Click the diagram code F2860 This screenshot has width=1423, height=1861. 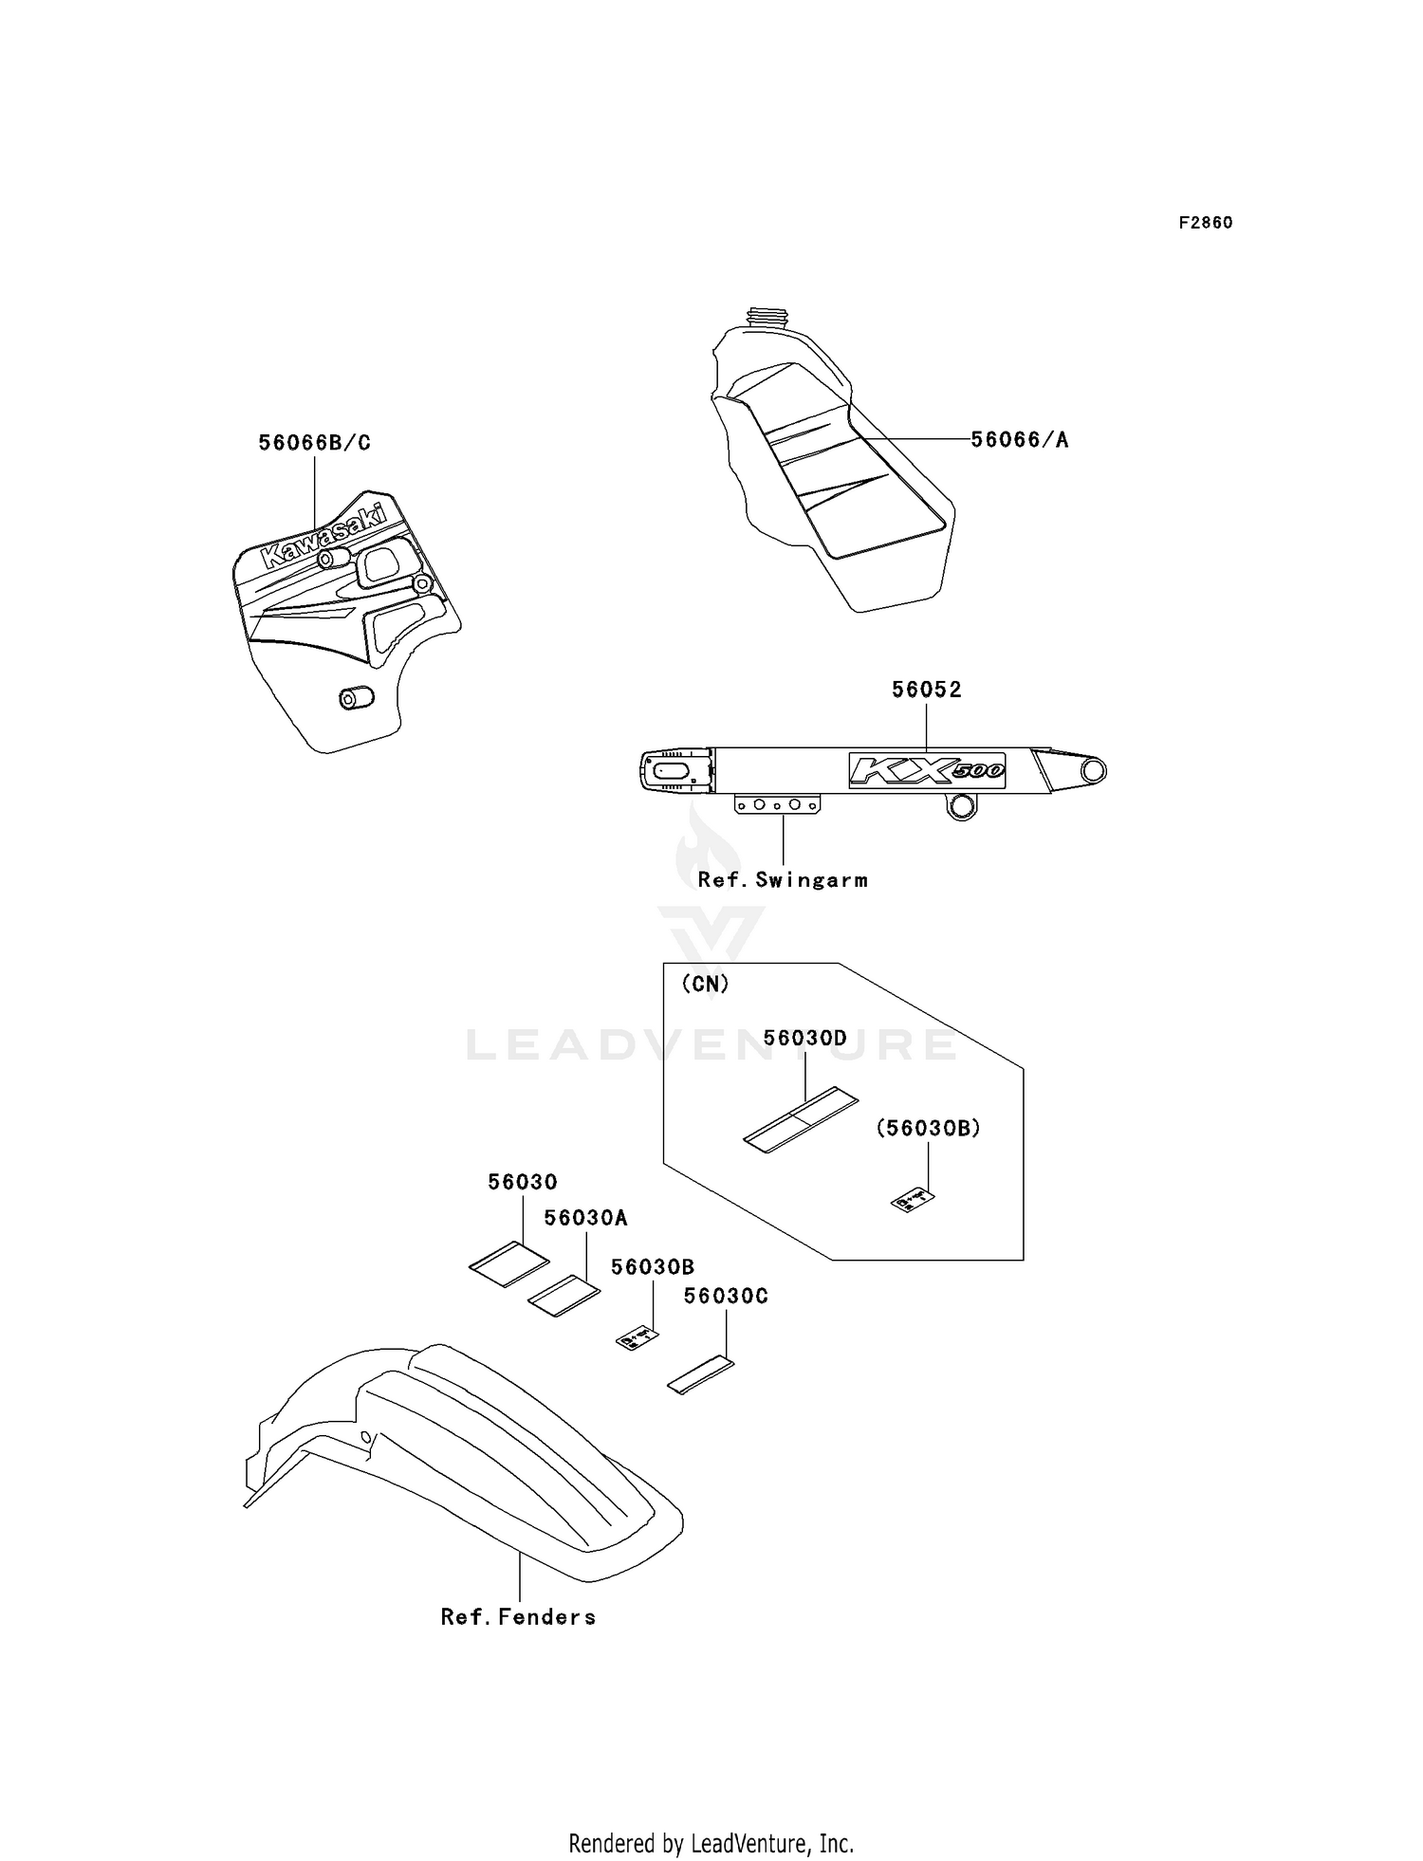pos(1205,223)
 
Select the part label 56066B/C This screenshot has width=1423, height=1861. pos(314,443)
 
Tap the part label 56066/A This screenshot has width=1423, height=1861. pos(1019,439)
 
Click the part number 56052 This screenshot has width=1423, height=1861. pos(926,690)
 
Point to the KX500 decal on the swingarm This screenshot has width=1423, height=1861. pos(926,770)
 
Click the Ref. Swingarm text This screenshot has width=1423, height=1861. pos(783,879)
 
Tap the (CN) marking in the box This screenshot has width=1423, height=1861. pos(705,984)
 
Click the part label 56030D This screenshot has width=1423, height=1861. pos(804,1038)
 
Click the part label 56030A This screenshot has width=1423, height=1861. pos(585,1218)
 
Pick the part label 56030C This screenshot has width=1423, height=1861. pos(726,1296)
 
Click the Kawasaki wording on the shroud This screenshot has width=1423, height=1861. pos(323,538)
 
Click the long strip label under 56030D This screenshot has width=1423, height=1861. pos(800,1120)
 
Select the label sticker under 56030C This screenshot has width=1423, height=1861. pos(701,1374)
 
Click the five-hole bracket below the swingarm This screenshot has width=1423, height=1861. pos(777,804)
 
